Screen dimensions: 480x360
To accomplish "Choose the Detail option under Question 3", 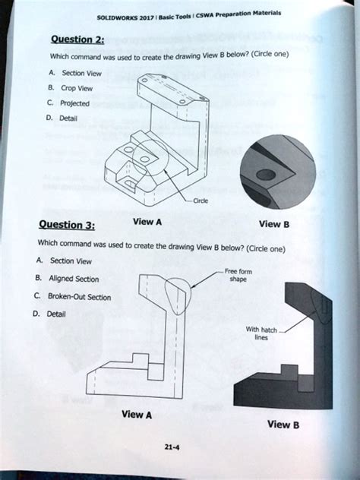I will click(x=57, y=314).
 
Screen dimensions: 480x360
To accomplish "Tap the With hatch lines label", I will click(x=257, y=333).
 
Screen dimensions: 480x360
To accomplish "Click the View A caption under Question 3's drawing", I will click(x=137, y=415).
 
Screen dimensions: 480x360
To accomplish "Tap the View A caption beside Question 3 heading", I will click(x=147, y=222).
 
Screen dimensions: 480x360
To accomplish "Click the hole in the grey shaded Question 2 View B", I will click(x=264, y=175).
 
